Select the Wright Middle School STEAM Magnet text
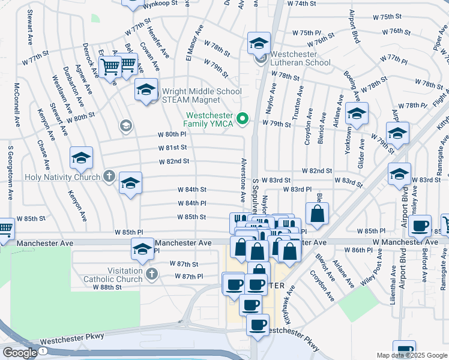coord(202,96)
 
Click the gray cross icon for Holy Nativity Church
coord(109,176)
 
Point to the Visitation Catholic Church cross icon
coord(151,274)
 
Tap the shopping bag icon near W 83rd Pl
coord(317,213)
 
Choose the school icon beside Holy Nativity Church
coord(130,184)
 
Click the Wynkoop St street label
coord(160,4)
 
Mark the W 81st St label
coord(173,147)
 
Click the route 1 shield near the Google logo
coord(43,350)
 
